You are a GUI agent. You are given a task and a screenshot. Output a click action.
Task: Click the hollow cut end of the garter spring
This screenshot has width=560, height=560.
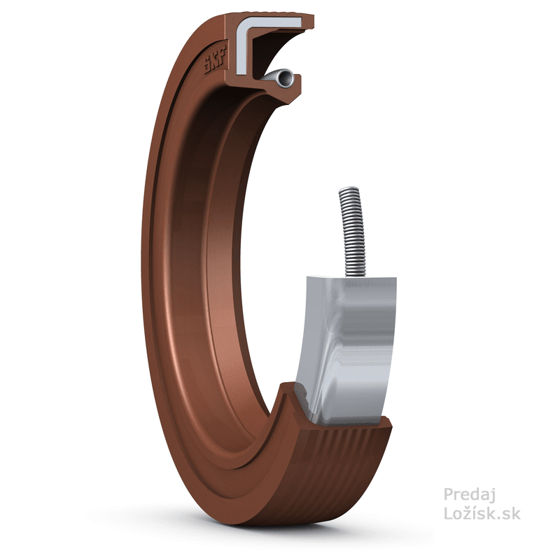pyautogui.click(x=281, y=79)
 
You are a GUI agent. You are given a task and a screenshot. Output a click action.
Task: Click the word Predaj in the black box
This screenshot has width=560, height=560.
pyautogui.click(x=470, y=496)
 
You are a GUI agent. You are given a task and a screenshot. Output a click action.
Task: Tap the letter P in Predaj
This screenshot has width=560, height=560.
pyautogui.click(x=448, y=496)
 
